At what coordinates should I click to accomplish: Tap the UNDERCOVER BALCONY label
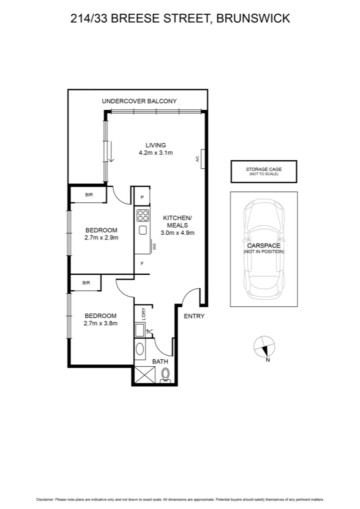click(x=139, y=101)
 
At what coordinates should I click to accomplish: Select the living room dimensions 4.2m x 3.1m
click(x=155, y=153)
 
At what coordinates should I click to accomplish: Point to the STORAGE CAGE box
click(x=264, y=172)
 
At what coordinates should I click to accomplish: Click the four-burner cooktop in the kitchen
click(x=142, y=216)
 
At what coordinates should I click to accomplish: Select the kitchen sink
click(x=142, y=231)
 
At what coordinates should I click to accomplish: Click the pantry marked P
click(x=142, y=197)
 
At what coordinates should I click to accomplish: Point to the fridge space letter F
click(x=142, y=263)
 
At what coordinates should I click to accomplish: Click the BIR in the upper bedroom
click(x=89, y=194)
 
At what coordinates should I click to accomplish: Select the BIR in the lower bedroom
click(x=86, y=283)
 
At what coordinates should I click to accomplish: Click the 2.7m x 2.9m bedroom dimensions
click(x=101, y=238)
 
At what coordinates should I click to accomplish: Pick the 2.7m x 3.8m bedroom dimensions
click(x=101, y=323)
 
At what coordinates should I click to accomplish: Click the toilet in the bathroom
click(x=165, y=375)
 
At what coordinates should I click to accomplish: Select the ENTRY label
click(x=194, y=316)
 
